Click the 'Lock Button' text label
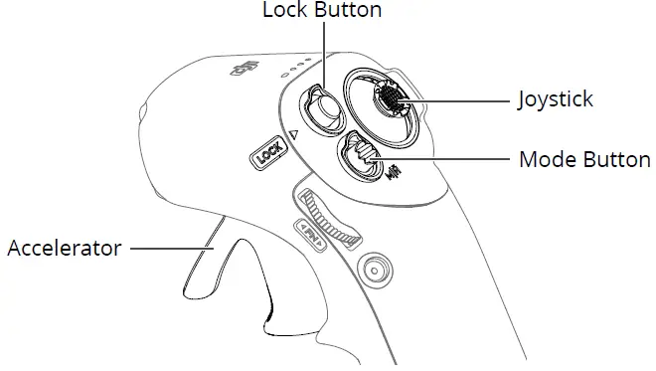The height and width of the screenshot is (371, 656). point(322,11)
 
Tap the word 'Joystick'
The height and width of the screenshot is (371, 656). point(556,99)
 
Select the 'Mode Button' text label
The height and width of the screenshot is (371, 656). point(585,159)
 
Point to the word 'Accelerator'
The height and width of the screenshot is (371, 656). point(64,248)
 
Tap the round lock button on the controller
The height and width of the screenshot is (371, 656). point(321,107)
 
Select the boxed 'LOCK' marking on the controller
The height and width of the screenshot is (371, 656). point(269,155)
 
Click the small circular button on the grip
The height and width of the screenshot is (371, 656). point(376,269)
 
